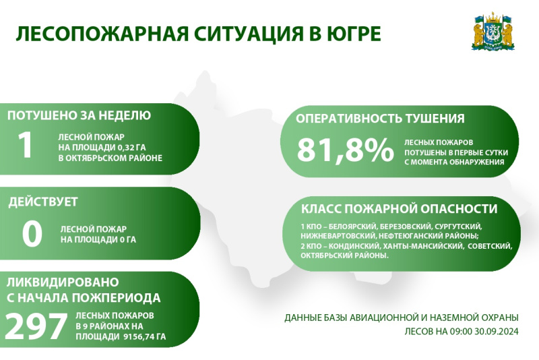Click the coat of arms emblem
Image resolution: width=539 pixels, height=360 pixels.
[x=493, y=32]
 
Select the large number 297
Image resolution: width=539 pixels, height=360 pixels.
[x=36, y=326]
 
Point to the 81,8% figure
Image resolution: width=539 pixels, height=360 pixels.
[x=346, y=150]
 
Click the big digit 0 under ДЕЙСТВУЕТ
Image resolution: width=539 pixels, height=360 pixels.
[x=32, y=233]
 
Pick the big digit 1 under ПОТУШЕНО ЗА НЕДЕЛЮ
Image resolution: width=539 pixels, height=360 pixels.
[x=26, y=145]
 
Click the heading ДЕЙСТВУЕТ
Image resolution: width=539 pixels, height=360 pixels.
[x=43, y=202]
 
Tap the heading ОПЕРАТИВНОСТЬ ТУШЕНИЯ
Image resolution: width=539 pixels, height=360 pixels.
[x=380, y=119]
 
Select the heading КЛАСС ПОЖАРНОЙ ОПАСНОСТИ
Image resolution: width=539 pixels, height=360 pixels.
[x=399, y=209]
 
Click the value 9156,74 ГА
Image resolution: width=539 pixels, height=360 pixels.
[x=144, y=336]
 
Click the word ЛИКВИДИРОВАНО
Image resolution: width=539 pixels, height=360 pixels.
[x=63, y=282]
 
